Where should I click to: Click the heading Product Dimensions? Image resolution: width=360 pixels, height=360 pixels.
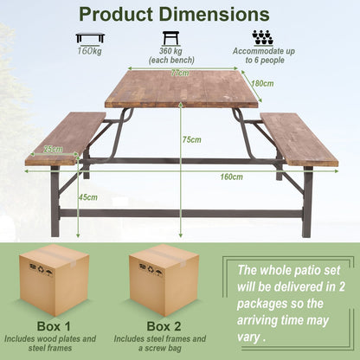(179, 15)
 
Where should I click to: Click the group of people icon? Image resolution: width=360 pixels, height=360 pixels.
(262, 37)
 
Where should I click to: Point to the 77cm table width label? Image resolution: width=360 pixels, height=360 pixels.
(179, 74)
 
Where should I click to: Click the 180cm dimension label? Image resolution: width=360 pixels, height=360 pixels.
(263, 83)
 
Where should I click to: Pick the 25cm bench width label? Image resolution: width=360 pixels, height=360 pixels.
(54, 149)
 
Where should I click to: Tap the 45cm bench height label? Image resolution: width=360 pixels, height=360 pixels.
(87, 196)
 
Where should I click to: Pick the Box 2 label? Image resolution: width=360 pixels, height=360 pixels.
(164, 326)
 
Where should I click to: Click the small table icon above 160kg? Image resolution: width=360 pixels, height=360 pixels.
(90, 37)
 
